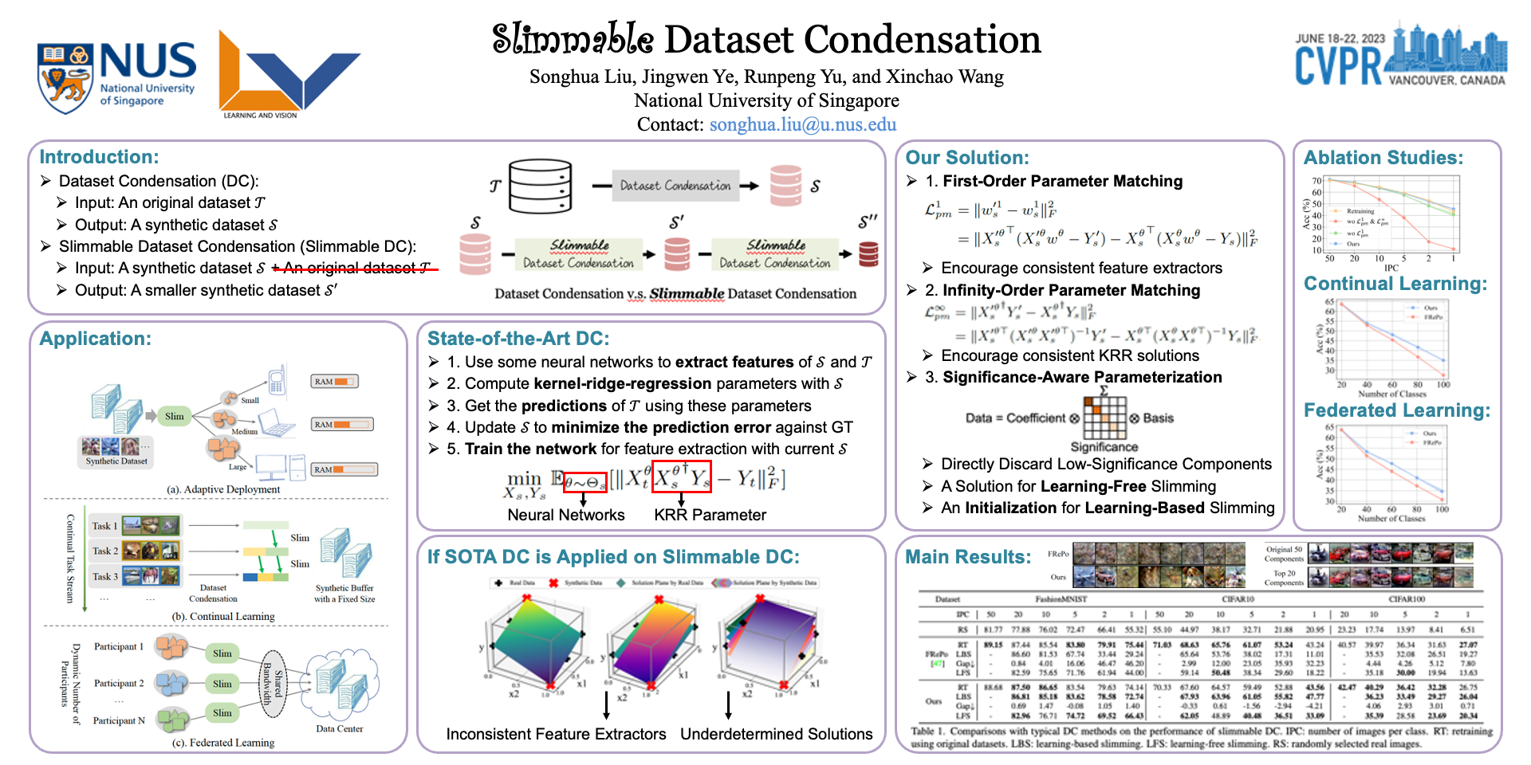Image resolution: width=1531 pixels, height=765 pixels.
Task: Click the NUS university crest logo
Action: tap(65, 78)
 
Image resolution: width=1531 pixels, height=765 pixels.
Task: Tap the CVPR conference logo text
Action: tap(1338, 65)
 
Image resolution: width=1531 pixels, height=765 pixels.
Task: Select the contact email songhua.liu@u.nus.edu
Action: tap(802, 124)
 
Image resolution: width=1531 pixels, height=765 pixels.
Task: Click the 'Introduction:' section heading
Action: tap(99, 157)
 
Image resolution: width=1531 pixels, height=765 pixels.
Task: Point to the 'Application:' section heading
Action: tap(95, 339)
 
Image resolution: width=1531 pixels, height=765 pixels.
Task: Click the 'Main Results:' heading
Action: tap(968, 557)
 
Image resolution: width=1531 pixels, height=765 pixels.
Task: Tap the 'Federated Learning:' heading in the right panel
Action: tap(1396, 410)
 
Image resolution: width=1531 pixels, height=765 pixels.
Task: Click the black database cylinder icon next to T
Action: tap(541, 186)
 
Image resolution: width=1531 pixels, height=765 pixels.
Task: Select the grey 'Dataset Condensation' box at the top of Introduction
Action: tap(675, 186)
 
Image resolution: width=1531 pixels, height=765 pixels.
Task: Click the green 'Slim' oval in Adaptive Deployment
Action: tap(174, 416)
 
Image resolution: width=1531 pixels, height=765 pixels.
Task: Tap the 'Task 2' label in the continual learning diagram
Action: tap(104, 551)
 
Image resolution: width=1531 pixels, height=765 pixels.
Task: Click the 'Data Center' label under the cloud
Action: tap(339, 728)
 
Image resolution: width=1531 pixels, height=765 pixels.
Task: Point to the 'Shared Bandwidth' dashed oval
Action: tap(273, 684)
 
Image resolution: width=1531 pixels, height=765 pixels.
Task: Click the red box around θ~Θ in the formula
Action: tap(584, 481)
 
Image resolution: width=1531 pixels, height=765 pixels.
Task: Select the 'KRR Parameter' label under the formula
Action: tap(710, 515)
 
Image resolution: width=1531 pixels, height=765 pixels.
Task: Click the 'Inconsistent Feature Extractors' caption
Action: tap(556, 734)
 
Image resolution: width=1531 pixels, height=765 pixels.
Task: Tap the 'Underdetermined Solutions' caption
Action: tap(776, 734)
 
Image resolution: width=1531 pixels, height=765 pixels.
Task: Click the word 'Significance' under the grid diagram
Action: tap(1104, 447)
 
